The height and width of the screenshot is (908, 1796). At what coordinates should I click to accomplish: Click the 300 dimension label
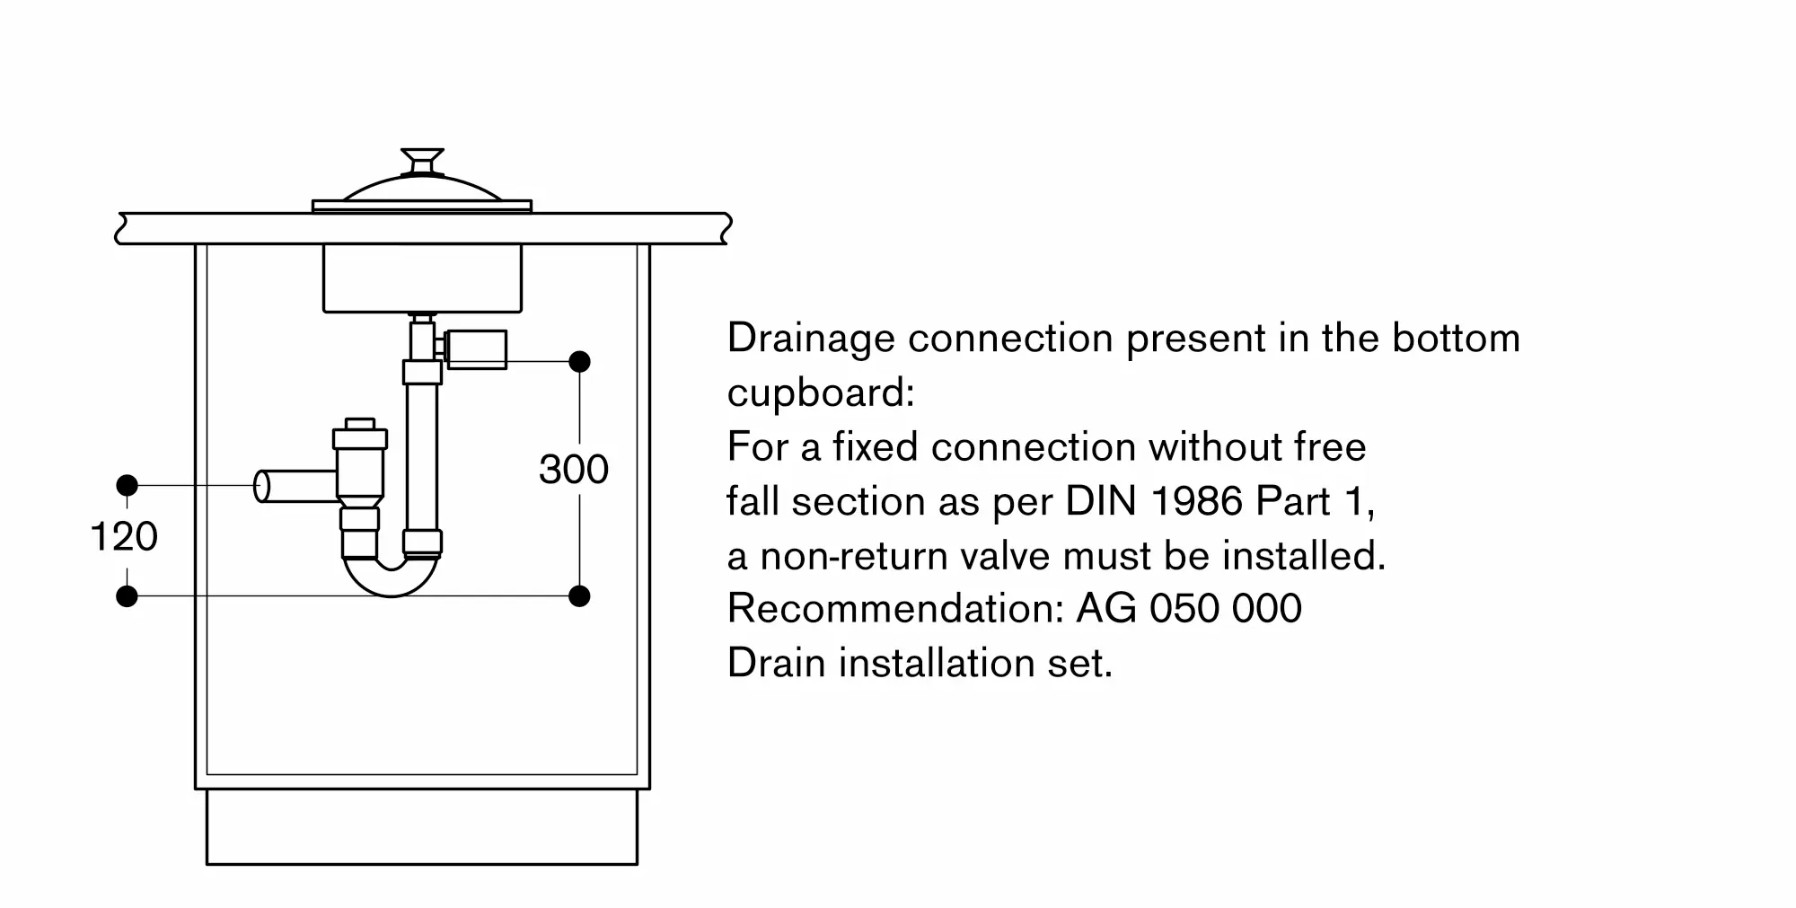(574, 469)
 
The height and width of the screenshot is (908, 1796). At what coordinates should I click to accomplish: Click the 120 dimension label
(124, 536)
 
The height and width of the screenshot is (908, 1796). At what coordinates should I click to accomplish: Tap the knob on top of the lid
(422, 161)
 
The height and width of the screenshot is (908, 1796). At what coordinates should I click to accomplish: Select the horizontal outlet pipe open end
(262, 486)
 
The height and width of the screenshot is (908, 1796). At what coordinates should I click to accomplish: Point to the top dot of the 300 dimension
(579, 362)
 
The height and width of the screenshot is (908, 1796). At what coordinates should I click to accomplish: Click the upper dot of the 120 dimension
(128, 486)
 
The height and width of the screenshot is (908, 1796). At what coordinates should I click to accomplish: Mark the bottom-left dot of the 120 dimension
(128, 595)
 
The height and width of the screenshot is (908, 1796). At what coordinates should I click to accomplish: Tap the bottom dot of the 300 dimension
(579, 595)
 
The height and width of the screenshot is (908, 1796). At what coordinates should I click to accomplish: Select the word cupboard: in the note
(821, 393)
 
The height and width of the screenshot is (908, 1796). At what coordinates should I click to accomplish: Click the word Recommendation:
(895, 609)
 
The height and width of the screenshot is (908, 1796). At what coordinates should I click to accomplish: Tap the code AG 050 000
(1189, 609)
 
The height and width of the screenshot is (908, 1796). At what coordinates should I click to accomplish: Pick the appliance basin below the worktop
(422, 278)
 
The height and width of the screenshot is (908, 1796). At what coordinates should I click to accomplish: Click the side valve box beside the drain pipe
(476, 349)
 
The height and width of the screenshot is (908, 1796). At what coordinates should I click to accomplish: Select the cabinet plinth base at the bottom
(422, 827)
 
